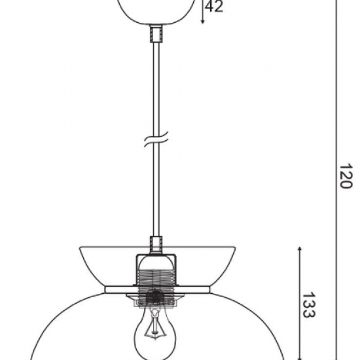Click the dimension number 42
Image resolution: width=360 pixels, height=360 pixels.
tap(214, 7)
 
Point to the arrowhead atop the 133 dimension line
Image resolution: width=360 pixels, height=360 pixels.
tap(300, 251)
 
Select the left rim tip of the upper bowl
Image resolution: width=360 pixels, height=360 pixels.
tap(81, 248)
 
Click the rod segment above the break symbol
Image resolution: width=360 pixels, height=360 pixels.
tap(156, 85)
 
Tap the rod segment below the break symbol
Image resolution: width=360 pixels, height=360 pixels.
tap(156, 190)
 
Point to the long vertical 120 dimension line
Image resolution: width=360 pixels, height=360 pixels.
tap(336, 131)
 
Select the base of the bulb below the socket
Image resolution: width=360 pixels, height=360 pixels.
tap(155, 302)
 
